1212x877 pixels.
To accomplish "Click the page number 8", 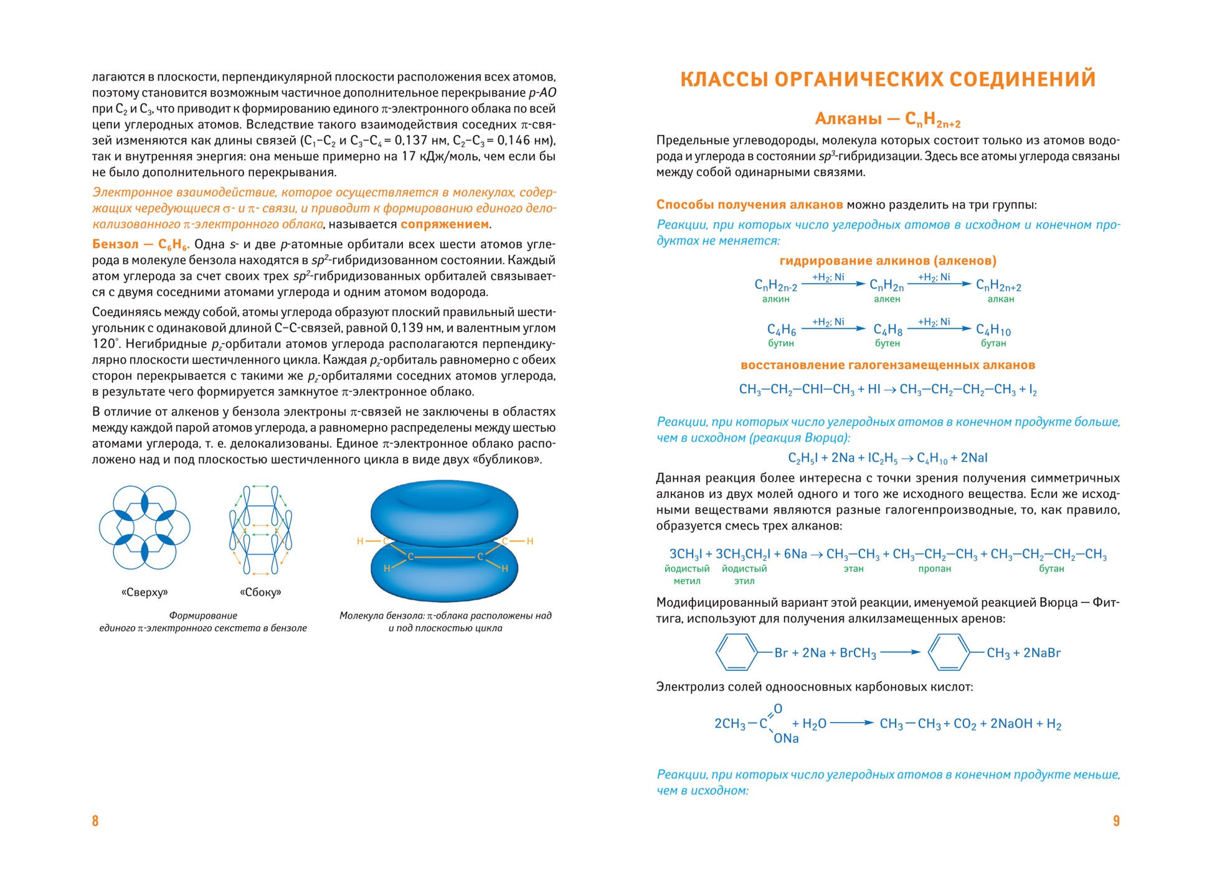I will [x=95, y=820].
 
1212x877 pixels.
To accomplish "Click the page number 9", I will [x=1116, y=820].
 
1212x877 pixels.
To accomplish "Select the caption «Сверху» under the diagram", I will [x=144, y=592].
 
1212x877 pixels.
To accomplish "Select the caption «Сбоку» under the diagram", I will [x=260, y=592].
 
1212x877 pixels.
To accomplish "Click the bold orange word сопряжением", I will [x=445, y=224].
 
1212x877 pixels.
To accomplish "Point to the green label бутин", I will [x=781, y=343].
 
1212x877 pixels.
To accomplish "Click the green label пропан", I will [x=934, y=568].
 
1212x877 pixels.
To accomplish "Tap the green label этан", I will [x=853, y=568].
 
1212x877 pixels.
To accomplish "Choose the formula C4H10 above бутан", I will [x=993, y=329].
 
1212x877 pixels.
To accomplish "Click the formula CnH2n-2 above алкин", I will [x=775, y=285].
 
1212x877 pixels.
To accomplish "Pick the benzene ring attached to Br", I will [x=736, y=652].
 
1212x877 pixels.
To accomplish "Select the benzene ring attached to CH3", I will [x=948, y=652].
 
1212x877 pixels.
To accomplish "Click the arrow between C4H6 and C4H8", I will [x=833, y=329].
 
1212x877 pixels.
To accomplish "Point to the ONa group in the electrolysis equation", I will [x=786, y=738].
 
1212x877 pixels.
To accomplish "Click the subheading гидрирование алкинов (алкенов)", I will [x=888, y=260].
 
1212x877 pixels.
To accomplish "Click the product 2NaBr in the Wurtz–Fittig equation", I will [x=1041, y=653].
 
